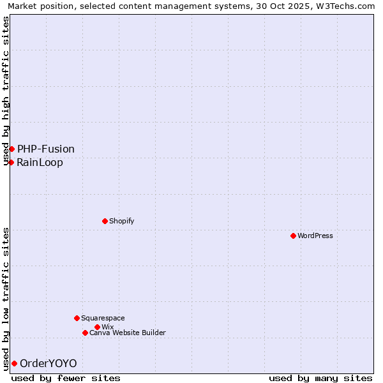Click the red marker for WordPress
[293, 236]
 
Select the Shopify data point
[105, 221]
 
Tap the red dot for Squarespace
[77, 318]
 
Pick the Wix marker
[97, 327]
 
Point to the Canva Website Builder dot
[85, 333]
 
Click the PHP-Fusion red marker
[11, 149]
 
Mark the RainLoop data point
[11, 162]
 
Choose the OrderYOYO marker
[14, 363]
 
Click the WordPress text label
[315, 236]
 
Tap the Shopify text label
[121, 221]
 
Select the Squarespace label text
[103, 318]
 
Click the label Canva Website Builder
[128, 333]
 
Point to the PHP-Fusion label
[46, 149]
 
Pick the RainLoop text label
[40, 162]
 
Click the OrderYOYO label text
[49, 363]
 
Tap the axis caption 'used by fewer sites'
[66, 378]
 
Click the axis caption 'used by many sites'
[320, 378]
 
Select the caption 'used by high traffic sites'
[6, 91]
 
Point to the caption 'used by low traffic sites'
[6, 299]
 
